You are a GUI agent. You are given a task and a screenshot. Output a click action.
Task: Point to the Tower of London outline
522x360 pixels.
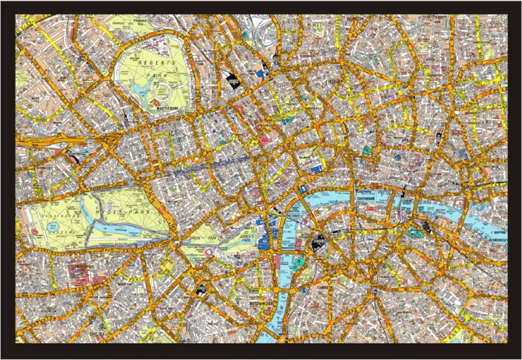414,230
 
